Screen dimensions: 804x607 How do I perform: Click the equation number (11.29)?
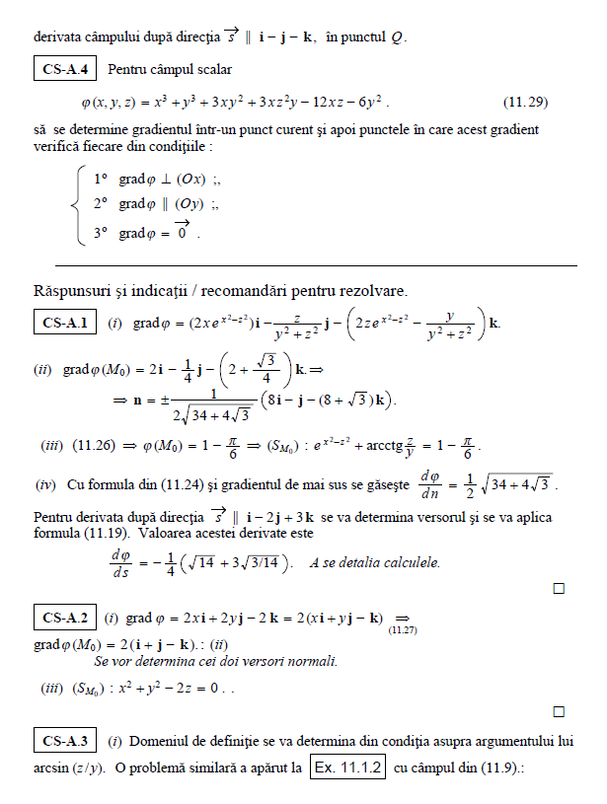526,102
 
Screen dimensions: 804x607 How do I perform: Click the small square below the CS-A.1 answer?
558,589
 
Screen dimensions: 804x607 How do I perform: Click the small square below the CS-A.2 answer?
558,710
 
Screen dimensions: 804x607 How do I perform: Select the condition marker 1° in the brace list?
100,180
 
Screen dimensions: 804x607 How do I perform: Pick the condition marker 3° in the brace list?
100,234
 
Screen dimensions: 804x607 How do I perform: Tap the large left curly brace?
78,206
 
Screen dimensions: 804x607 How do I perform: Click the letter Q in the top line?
397,38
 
